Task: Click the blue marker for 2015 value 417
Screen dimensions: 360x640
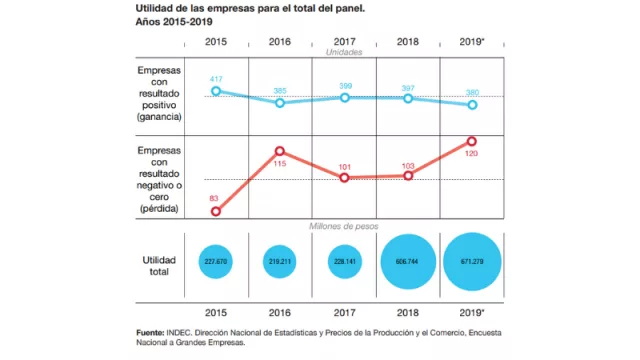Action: click(215, 91)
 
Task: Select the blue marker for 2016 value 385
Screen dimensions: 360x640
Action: click(280, 102)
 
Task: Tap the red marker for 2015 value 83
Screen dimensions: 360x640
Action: click(215, 211)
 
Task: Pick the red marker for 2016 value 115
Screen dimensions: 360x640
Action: click(280, 152)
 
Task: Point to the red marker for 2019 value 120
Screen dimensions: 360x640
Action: click(472, 142)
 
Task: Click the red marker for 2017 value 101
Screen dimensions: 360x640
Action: click(344, 177)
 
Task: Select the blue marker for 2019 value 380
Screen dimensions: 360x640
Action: click(472, 104)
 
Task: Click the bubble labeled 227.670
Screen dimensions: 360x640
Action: click(215, 261)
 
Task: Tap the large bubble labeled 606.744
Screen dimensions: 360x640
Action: click(408, 261)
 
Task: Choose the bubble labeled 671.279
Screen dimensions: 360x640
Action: click(472, 261)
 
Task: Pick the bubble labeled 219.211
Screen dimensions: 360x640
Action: click(280, 261)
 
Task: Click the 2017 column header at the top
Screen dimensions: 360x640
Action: click(344, 41)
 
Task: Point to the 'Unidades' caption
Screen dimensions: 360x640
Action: click(344, 51)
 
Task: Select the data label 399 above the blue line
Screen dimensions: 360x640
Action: click(344, 86)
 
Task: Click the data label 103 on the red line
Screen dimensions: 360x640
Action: click(408, 164)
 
